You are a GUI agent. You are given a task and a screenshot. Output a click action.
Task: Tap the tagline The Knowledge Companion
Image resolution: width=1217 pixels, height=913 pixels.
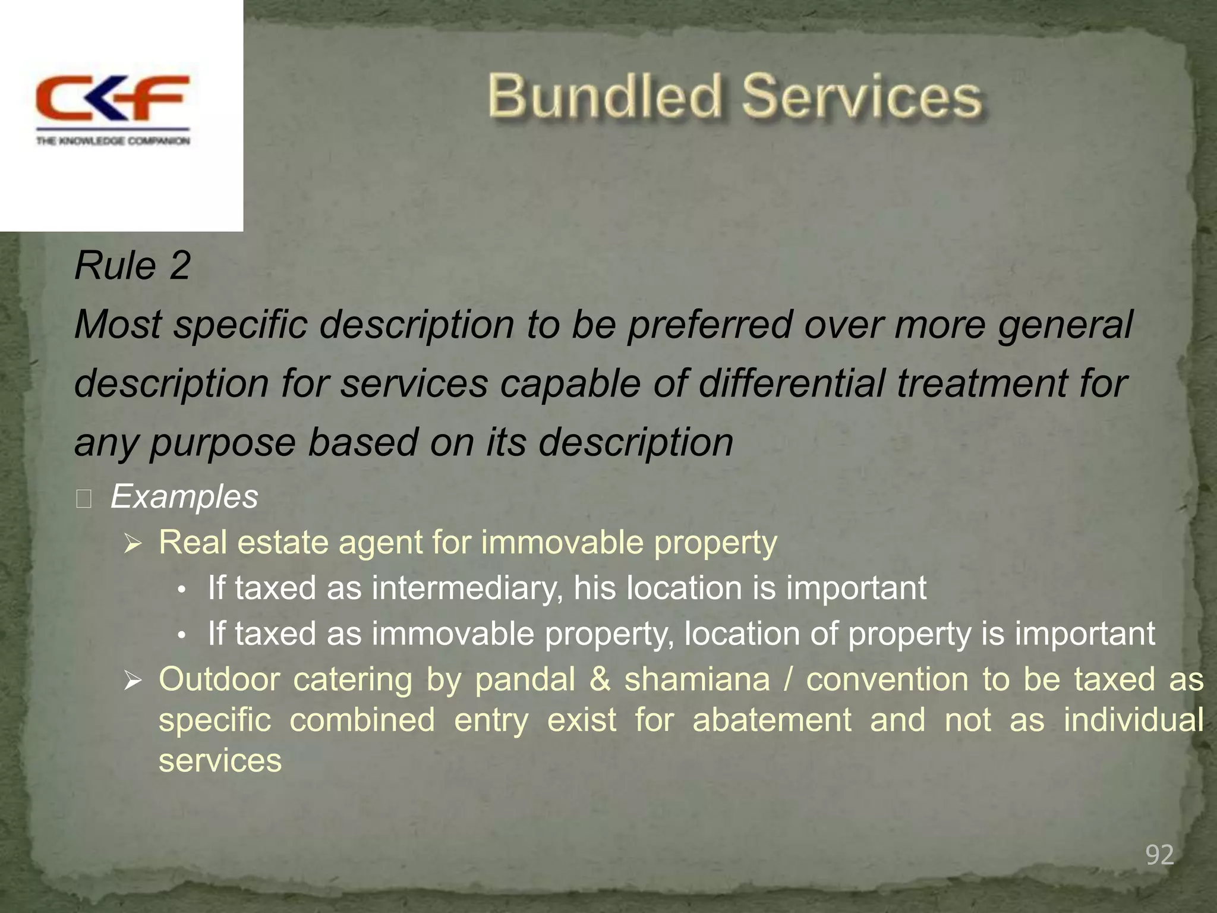[x=113, y=141]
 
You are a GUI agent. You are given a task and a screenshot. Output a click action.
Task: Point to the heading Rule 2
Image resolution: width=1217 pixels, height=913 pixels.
[x=133, y=266]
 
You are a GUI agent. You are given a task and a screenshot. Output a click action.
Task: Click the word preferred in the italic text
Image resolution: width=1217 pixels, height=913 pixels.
[x=710, y=325]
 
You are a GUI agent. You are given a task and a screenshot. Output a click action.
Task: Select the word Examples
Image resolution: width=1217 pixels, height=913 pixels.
[x=184, y=496]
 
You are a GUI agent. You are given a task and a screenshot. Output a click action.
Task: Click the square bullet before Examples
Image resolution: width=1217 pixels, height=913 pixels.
[x=84, y=499]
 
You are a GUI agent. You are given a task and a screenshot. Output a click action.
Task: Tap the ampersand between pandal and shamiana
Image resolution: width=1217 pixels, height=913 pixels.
[x=600, y=679]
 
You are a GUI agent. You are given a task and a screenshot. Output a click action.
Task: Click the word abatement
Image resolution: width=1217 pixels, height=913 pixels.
[x=772, y=720]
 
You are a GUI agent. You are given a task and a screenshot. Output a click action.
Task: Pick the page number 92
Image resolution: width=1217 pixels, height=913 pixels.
[x=1159, y=855]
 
